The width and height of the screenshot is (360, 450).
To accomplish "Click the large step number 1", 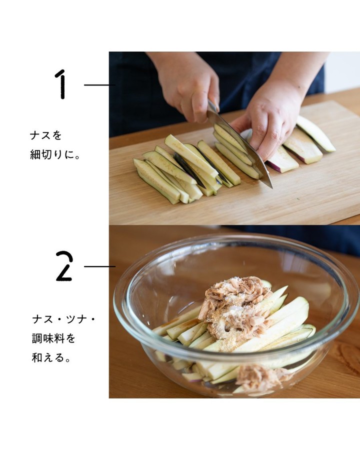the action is click(61, 84).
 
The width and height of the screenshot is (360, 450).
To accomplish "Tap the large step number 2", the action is click(64, 266).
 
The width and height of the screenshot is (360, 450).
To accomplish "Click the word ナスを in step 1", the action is click(45, 135).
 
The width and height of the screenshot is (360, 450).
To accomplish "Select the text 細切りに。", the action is click(55, 154).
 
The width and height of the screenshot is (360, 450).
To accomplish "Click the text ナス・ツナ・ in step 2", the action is click(63, 319).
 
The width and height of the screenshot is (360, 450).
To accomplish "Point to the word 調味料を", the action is click(53, 338).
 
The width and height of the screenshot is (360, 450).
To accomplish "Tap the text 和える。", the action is click(51, 358).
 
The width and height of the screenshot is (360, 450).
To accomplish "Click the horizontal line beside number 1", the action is click(99, 85).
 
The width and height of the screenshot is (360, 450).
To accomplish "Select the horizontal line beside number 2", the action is click(99, 266).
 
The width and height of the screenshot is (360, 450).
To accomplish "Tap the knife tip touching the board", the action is click(271, 187).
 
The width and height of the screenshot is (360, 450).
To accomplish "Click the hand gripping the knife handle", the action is click(189, 86).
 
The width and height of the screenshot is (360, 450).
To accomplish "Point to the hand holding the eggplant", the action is click(267, 123).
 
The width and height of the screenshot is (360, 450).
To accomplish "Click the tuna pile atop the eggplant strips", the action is click(235, 307).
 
